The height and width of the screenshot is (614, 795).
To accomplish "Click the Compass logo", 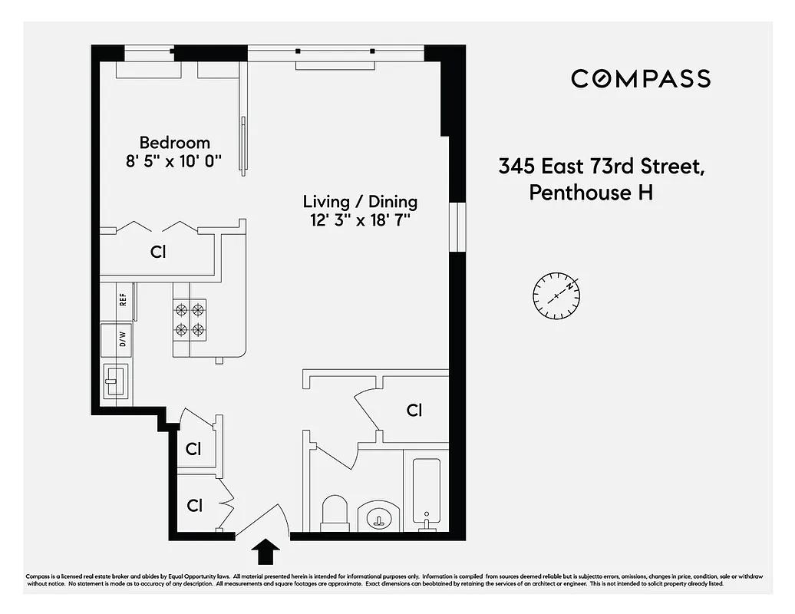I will [640, 78].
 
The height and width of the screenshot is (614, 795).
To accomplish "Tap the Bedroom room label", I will [174, 143].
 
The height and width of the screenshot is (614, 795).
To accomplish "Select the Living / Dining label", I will [360, 202].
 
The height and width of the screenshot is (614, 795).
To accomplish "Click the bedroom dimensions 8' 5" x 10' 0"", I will [174, 161].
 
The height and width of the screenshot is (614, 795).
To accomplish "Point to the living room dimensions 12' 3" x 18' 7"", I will [360, 220].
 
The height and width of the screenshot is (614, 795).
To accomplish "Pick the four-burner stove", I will [190, 320].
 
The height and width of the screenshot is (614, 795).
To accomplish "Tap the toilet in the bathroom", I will [335, 513].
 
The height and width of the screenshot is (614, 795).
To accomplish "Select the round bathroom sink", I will [379, 518].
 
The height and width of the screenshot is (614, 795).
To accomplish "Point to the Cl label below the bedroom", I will [159, 251].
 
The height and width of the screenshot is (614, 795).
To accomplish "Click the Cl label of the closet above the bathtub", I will [414, 411].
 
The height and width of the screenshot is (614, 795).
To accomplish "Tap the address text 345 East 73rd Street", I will [601, 166].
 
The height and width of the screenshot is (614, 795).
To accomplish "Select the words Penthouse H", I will [591, 192].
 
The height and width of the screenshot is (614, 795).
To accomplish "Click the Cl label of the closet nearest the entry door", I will [195, 506].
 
